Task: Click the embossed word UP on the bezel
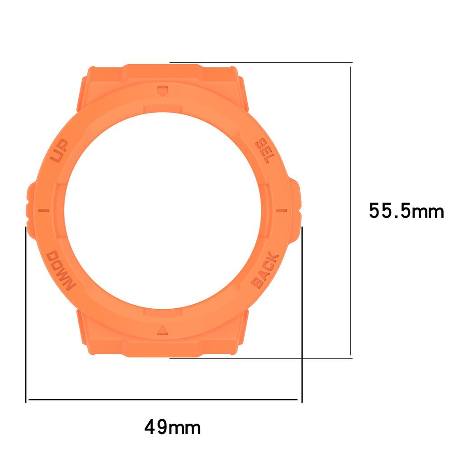pyautogui.click(x=58, y=151)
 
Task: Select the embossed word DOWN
pyautogui.click(x=60, y=270)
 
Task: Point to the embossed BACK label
pyautogui.click(x=265, y=270)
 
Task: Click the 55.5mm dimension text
pyautogui.click(x=406, y=211)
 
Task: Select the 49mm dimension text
pyautogui.click(x=172, y=426)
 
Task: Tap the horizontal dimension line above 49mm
pyautogui.click(x=163, y=400)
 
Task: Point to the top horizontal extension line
pyautogui.click(x=260, y=62)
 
